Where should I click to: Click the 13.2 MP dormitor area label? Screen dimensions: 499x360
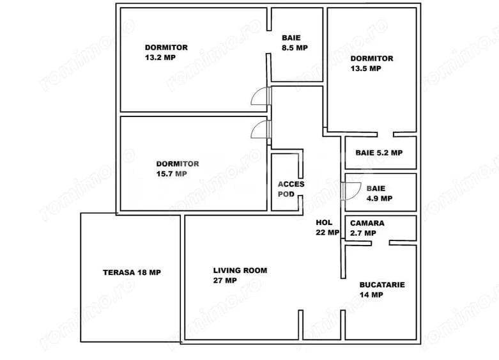[x=160, y=58]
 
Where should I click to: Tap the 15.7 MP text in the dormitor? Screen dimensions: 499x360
[x=171, y=174]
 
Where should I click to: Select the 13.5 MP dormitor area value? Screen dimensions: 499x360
[x=365, y=68]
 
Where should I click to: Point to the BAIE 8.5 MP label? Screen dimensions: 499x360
[x=295, y=43]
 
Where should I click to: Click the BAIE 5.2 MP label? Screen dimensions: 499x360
[x=379, y=153]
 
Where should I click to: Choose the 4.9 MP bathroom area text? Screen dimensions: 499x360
[x=380, y=198]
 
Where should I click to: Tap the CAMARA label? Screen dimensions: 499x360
[x=367, y=223]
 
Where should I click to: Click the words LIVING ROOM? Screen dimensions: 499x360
[x=240, y=270]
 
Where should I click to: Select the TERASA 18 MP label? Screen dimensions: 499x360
[x=132, y=272]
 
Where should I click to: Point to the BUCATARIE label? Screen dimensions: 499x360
[x=382, y=285]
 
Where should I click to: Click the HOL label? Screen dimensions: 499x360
[x=324, y=223]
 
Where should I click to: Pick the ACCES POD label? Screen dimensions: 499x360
[x=291, y=189]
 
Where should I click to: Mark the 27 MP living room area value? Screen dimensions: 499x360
[x=225, y=281]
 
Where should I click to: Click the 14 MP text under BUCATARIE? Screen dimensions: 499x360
[x=371, y=295]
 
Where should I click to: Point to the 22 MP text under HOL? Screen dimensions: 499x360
[x=328, y=233]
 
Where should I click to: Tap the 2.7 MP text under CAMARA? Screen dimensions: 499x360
[x=363, y=233]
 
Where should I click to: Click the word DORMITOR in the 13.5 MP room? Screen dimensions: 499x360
[x=372, y=58]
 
